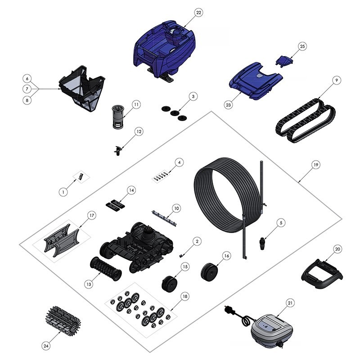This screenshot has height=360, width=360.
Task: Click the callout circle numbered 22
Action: point(198,13)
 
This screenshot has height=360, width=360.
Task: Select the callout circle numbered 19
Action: point(316,165)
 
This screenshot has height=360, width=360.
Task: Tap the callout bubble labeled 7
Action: point(27,89)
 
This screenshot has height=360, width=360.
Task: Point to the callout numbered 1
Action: point(63,192)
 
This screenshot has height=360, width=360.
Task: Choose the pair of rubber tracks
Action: point(306,120)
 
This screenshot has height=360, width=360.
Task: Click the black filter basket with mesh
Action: point(82,88)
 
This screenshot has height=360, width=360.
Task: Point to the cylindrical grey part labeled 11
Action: point(118,117)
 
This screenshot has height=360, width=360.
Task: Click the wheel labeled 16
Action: point(209,272)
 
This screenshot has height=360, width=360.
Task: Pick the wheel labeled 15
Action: point(170,283)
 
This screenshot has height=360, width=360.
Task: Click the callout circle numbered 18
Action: point(185,297)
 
